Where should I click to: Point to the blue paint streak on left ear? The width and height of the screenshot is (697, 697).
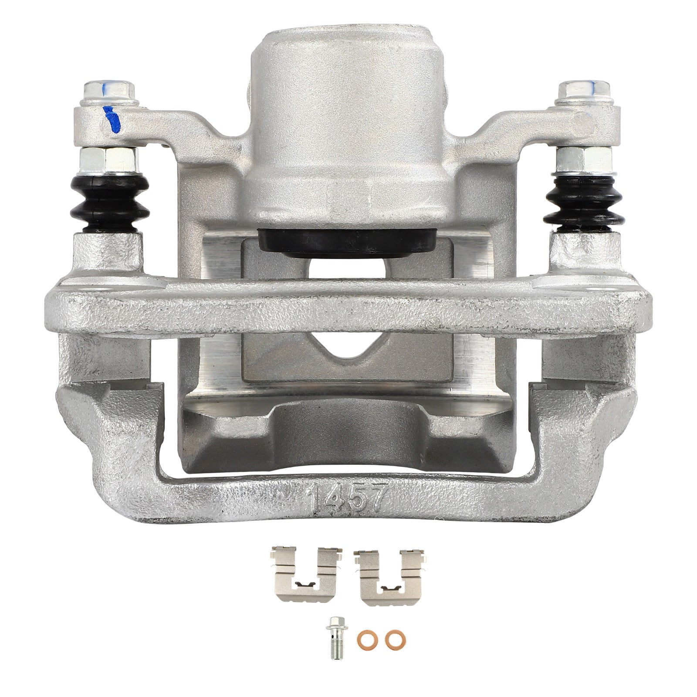tap(112, 118)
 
